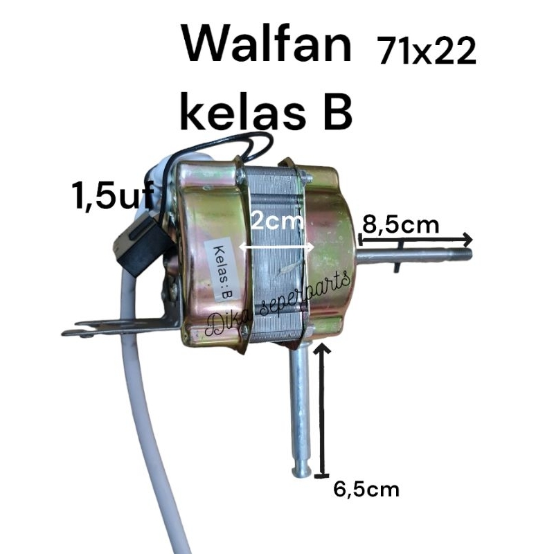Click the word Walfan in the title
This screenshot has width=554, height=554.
pos(267,45)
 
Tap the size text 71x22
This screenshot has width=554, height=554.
pos(426,51)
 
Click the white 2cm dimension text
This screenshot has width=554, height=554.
pos(278,222)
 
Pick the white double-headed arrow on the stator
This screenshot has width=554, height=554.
pos(276,247)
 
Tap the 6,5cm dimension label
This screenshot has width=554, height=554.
pos(366,490)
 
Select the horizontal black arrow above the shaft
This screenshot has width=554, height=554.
pos(415,240)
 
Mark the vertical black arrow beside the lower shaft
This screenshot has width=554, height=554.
pos(322,410)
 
